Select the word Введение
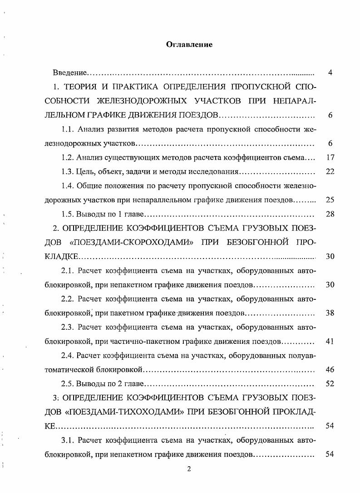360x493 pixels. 69,73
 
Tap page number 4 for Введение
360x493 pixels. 330,73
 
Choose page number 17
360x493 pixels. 330,158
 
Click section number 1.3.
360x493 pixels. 68,171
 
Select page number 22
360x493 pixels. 330,171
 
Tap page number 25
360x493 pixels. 330,200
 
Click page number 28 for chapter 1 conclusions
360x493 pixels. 330,214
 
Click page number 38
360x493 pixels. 330,313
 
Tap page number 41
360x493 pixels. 330,342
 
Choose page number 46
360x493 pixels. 330,370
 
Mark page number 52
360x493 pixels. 330,384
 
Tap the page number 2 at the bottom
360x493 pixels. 189,469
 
